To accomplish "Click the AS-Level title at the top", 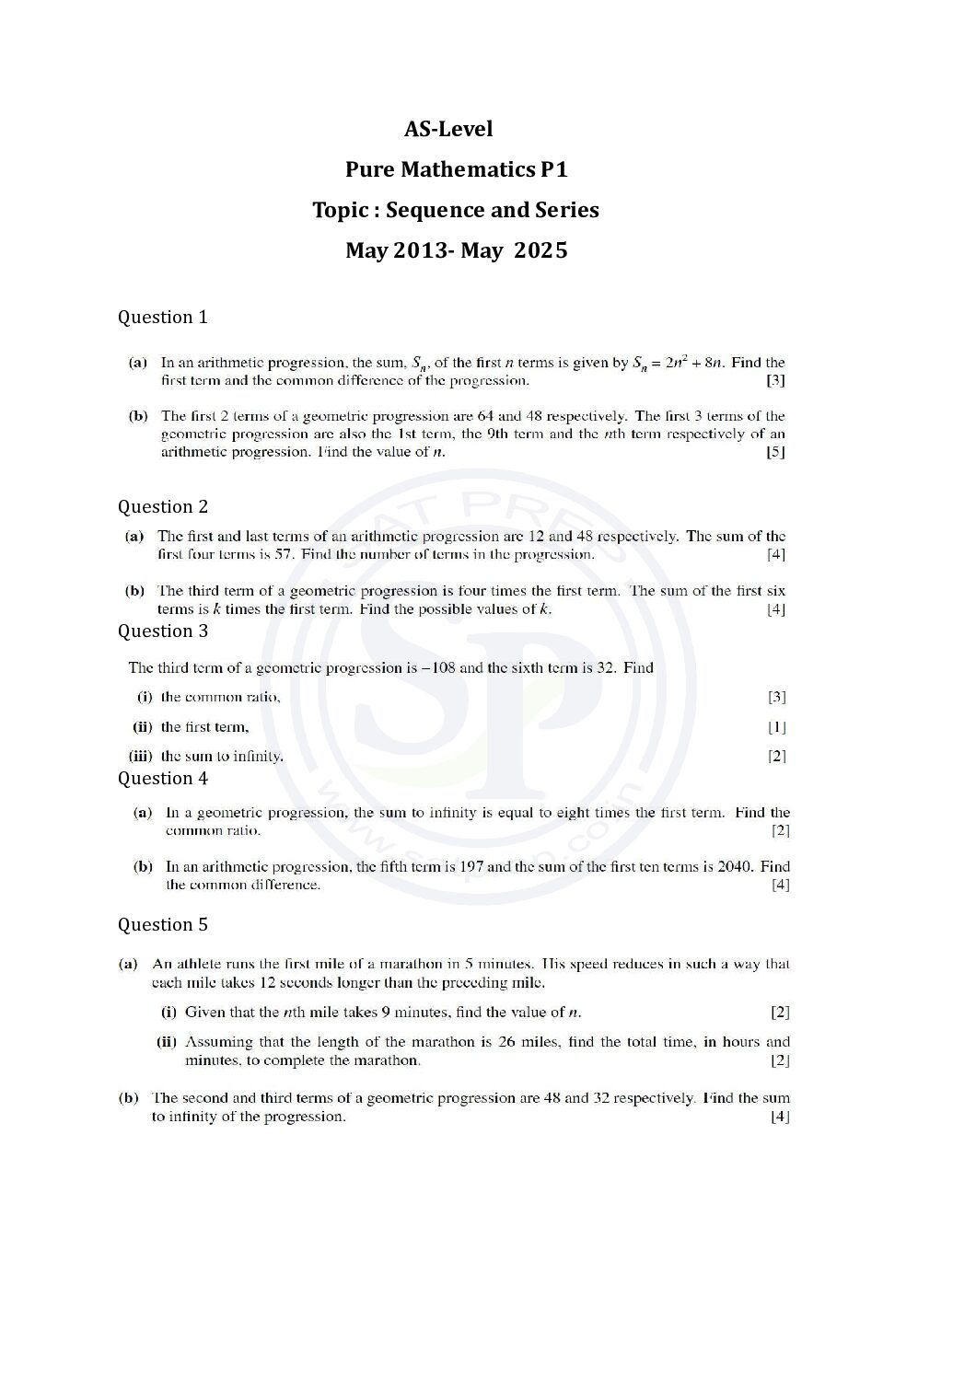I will pos(448,129).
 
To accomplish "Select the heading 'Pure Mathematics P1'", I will pos(456,169).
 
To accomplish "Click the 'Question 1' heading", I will pos(162,317).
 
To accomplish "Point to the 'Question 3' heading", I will pos(162,631).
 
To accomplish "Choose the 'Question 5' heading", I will pos(162,924).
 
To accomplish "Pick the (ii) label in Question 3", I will pos(142,727).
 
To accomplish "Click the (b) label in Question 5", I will pos(129,1098).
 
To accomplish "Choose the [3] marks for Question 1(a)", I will pos(775,380).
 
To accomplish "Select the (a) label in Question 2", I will pos(134,536).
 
